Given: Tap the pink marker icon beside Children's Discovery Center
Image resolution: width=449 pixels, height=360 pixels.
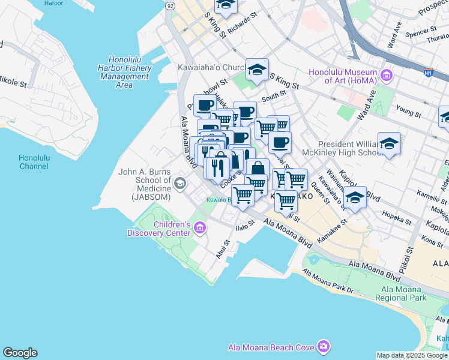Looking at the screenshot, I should pos(200,228).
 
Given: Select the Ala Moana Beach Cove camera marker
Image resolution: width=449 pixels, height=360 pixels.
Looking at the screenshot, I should pos(324,347).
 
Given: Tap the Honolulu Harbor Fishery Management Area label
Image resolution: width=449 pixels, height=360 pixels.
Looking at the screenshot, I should pos(124,72).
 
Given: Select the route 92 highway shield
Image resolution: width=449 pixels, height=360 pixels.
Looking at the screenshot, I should pos(170,5).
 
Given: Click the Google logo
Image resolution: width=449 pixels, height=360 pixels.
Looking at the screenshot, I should pos(20,353).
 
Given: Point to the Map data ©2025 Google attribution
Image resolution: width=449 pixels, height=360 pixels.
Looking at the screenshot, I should pos(412,355).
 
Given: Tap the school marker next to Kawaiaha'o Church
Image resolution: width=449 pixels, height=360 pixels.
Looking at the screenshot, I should pos(257,70).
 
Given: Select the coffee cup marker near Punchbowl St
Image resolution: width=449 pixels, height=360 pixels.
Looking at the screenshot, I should pos(205,106).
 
